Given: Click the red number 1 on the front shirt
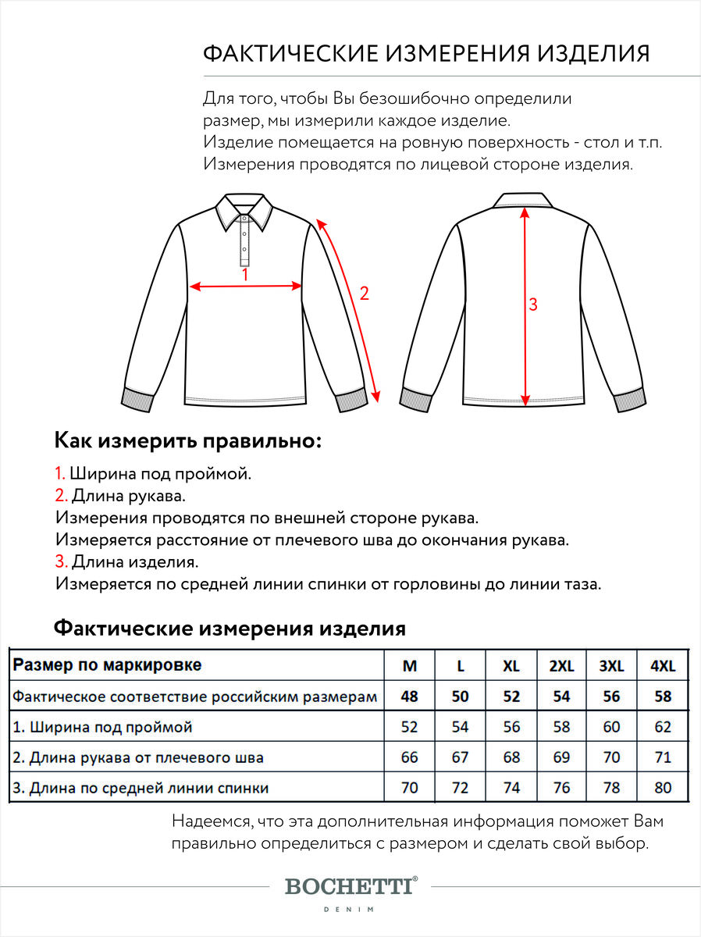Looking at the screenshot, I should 244,275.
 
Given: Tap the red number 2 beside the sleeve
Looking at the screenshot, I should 363,294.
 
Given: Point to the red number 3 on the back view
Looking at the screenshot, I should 533,305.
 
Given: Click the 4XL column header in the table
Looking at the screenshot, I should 663,666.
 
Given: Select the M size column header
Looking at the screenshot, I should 409,666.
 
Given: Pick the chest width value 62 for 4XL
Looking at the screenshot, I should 663,727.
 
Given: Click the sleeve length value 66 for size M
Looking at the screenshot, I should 409,757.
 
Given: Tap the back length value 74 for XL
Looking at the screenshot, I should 511,788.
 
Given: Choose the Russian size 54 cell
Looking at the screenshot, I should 561,697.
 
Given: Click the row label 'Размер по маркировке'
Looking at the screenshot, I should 108,665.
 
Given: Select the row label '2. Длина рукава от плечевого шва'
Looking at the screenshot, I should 138,757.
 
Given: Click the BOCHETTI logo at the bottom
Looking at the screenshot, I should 350,886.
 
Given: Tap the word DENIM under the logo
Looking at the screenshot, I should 350,910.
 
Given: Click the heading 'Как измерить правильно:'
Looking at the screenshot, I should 188,440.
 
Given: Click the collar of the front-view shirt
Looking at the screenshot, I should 244,209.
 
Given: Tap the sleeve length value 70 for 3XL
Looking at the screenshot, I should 611,757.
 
